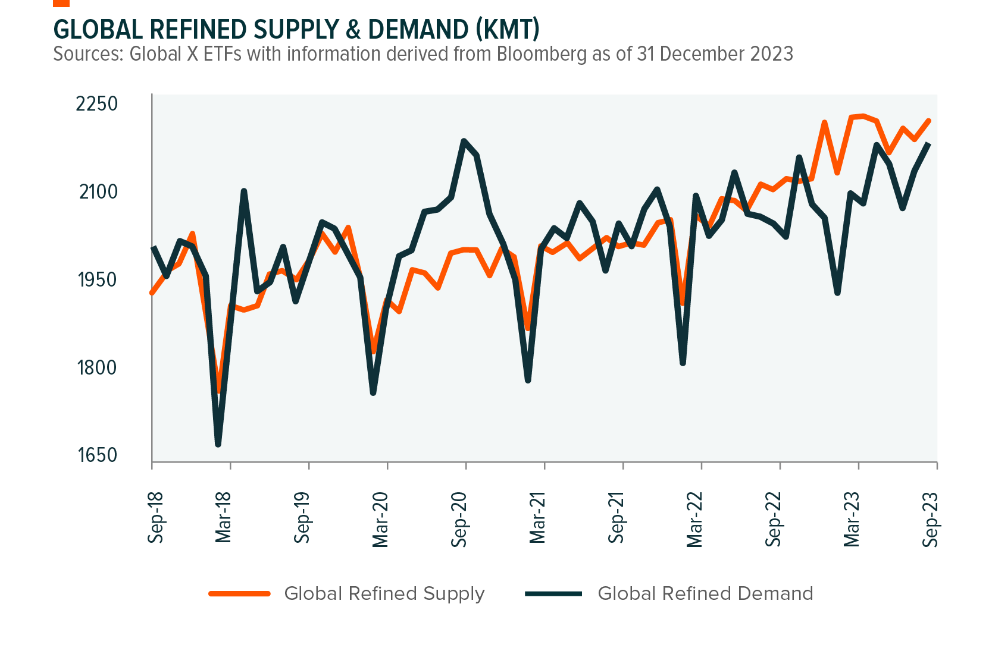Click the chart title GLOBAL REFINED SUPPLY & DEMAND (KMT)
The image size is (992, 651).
(296, 29)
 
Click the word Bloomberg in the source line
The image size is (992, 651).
(542, 54)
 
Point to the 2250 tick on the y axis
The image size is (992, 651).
(96, 103)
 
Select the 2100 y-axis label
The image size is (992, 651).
(98, 191)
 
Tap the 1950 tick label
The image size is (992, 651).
(98, 279)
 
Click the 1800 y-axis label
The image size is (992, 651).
(97, 367)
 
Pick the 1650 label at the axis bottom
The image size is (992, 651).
(97, 455)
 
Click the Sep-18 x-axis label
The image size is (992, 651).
(156, 517)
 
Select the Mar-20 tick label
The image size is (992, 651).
(381, 519)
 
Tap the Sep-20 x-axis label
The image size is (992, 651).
(459, 519)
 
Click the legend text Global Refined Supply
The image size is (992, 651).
(384, 593)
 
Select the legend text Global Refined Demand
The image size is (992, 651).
(705, 593)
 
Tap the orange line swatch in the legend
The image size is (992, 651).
(239, 593)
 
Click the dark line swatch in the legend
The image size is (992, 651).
(553, 593)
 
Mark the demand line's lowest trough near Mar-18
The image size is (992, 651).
(218, 444)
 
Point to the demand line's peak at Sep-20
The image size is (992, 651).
(464, 141)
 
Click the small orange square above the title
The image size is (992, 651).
(61, 3)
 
